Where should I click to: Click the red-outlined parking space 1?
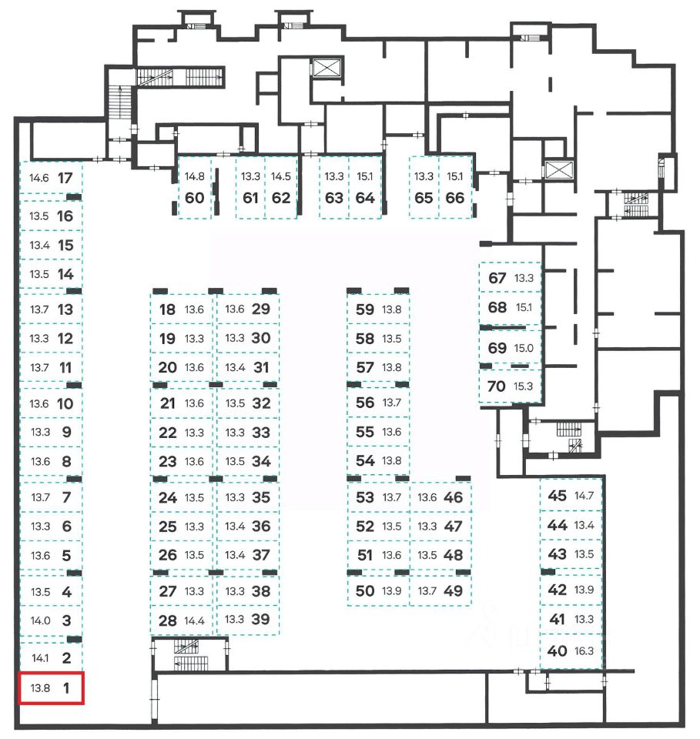coord(51,688)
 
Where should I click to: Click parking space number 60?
coord(195,197)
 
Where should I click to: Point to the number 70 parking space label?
coord(497,386)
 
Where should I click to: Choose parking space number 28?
coord(167,620)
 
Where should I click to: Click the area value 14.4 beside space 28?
coord(194,620)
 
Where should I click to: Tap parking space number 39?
coord(261,619)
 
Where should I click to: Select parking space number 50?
coord(365,591)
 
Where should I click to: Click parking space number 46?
coord(454,497)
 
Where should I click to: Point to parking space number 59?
coord(365,309)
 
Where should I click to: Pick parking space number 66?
coord(455,197)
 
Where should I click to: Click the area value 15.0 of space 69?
coord(524,348)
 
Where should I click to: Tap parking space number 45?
coord(557,496)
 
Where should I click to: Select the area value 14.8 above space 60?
coord(195,176)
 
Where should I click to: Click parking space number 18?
coord(167,310)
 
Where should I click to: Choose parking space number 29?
coord(261,309)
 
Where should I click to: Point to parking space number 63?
coord(333,197)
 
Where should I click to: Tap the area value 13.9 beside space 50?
coord(392,591)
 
